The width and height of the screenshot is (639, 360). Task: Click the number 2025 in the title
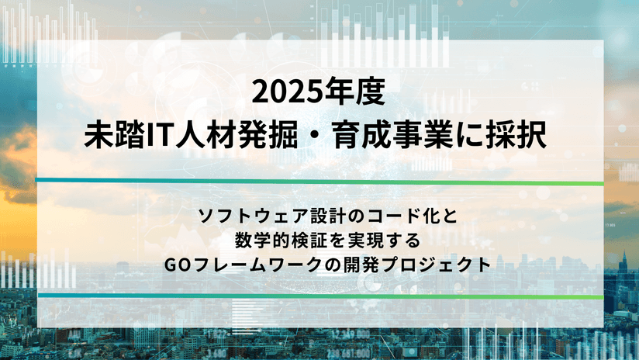pyautogui.click(x=285, y=92)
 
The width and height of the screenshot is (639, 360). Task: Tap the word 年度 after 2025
pyautogui.click(x=353, y=92)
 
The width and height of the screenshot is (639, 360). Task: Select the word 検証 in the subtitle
pyautogui.click(x=309, y=241)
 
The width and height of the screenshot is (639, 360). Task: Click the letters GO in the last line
pyautogui.click(x=175, y=265)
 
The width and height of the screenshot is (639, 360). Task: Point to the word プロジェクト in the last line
pyautogui.click(x=438, y=265)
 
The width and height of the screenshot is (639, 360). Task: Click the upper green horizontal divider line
pyautogui.click(x=319, y=182)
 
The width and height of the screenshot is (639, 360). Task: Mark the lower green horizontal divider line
pyautogui.click(x=320, y=296)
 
